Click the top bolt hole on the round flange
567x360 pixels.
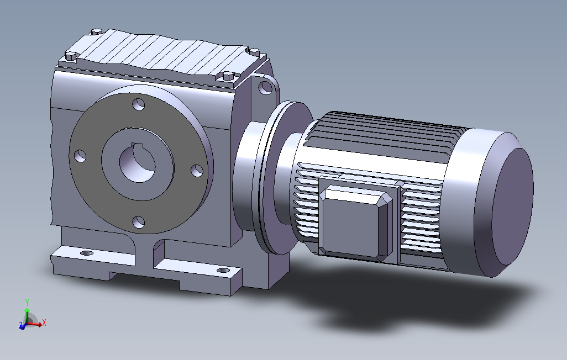click(139, 104)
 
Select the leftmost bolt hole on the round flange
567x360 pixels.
click(80, 156)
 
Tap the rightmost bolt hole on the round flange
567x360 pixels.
click(197, 171)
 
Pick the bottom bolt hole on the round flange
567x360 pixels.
click(139, 222)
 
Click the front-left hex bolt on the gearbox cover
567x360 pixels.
click(72, 56)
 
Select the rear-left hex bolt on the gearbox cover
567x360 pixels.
click(97, 32)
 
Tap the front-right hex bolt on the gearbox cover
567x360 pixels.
click(227, 76)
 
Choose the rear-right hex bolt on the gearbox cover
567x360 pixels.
click(254, 52)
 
